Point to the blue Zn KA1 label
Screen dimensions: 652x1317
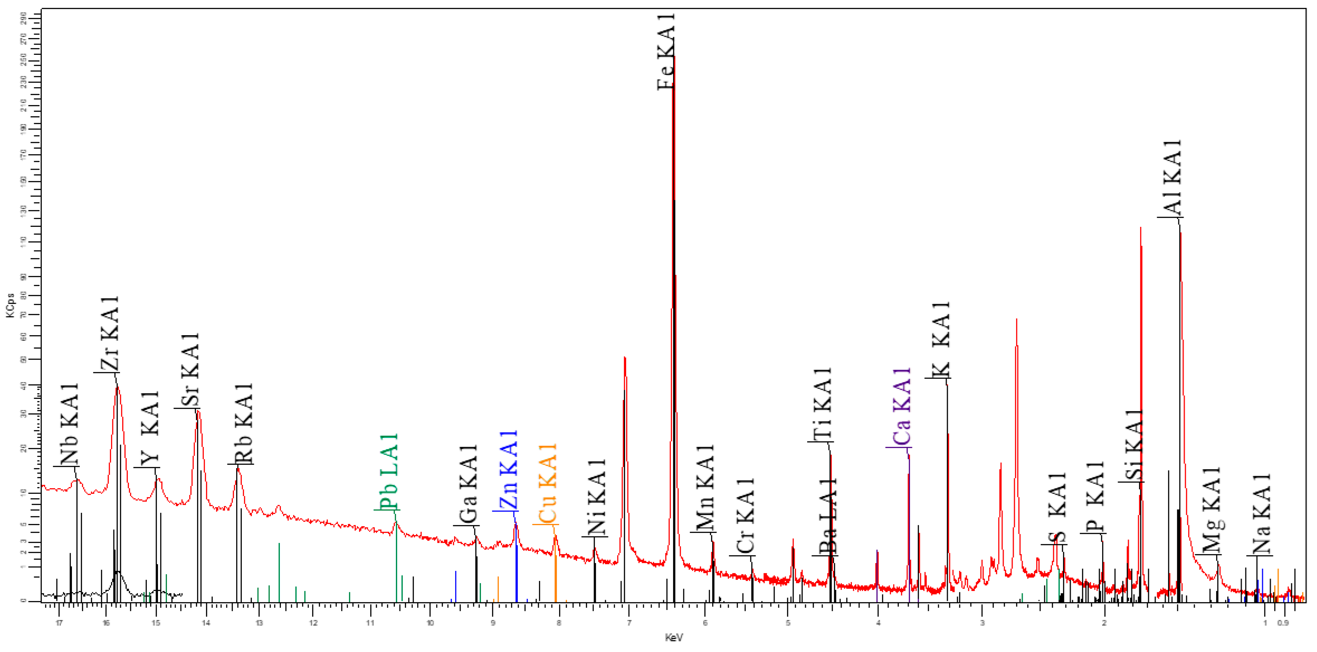tap(509, 469)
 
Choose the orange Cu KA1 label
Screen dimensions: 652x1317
tap(548, 483)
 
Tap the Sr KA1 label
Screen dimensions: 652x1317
tap(190, 370)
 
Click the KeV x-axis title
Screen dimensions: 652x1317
tap(674, 638)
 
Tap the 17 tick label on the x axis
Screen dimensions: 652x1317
tap(59, 623)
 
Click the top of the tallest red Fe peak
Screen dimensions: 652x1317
tap(674, 57)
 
